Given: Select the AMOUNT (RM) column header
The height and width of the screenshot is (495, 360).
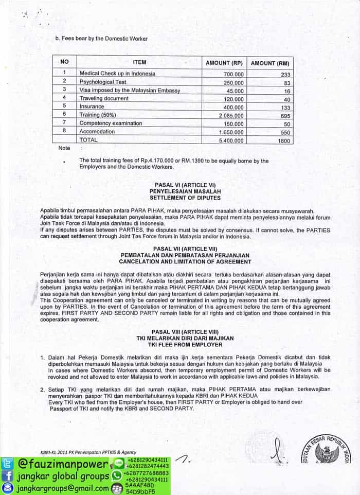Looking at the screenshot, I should pyautogui.click(x=269, y=63).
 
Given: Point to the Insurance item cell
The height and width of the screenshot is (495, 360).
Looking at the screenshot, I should pyautogui.click(x=92, y=107).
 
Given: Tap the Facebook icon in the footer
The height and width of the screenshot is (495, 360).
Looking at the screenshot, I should pyautogui.click(x=7, y=476).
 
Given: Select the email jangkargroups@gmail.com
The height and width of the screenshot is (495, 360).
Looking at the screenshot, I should pyautogui.click(x=61, y=488).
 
